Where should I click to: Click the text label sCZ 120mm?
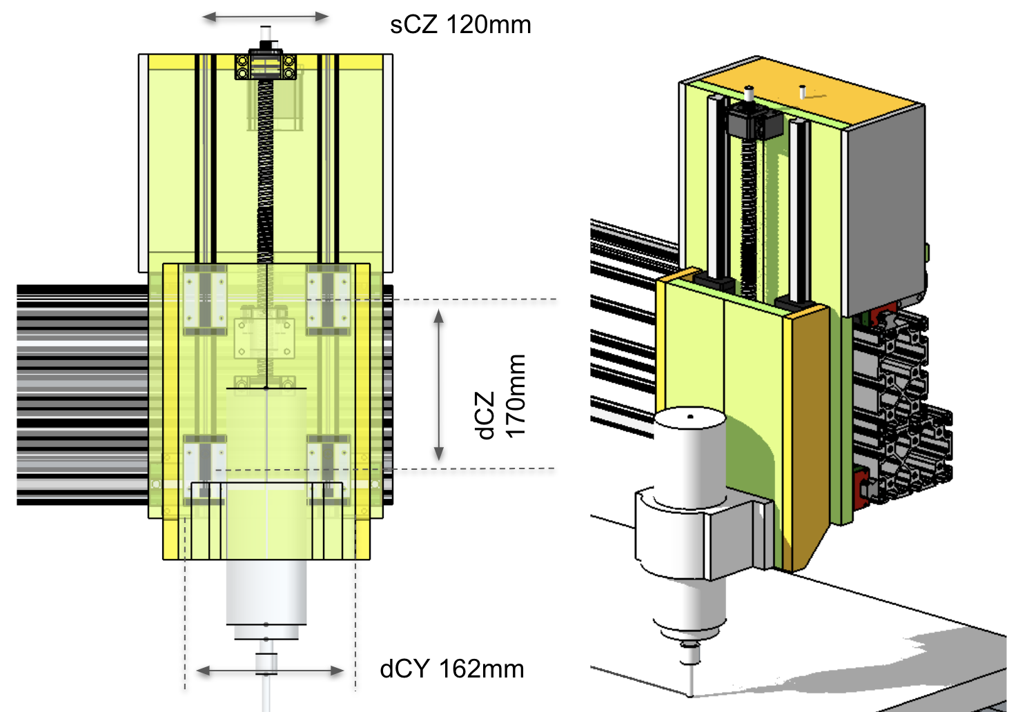click(460, 25)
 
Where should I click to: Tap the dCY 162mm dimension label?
click(452, 669)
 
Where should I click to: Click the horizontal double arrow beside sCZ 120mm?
click(265, 17)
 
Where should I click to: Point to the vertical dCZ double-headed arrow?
click(438, 385)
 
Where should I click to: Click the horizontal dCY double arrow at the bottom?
click(270, 670)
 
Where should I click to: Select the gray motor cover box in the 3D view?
click(883, 200)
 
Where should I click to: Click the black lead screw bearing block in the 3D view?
click(756, 123)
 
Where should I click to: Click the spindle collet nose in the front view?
click(266, 662)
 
